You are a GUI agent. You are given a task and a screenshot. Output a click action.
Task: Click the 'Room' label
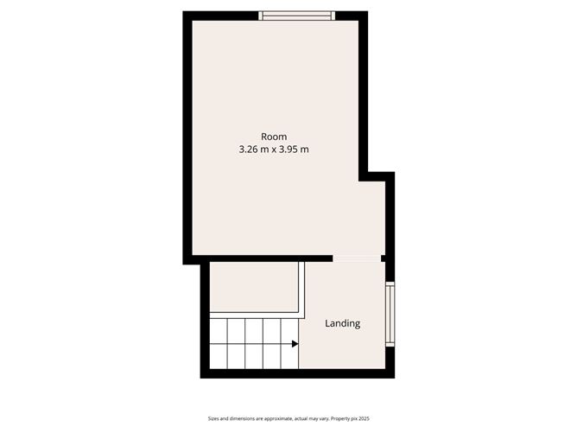(274, 137)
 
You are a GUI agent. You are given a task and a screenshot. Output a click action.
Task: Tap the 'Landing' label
(342, 324)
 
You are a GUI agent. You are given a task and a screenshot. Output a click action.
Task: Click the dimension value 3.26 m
(254, 150)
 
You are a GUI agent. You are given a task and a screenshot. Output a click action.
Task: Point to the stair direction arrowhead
(295, 344)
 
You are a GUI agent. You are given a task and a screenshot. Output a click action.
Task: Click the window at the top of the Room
(297, 15)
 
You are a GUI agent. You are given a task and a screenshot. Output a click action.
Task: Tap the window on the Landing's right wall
(390, 315)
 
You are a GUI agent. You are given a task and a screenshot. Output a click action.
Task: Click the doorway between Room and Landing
(358, 258)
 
